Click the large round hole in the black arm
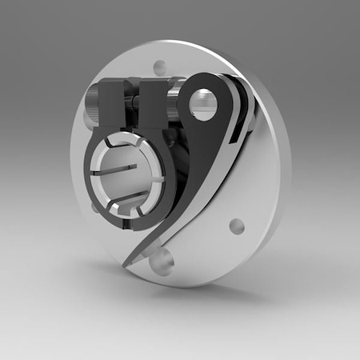203,105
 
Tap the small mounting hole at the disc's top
160,68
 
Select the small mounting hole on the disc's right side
236,226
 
